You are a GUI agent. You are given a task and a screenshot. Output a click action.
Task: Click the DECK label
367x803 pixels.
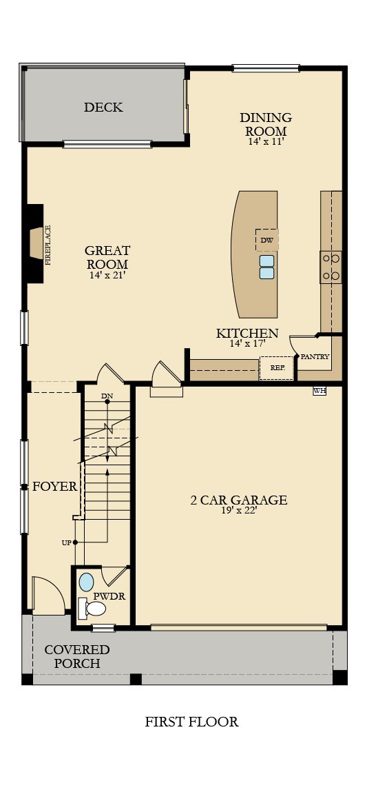(103, 108)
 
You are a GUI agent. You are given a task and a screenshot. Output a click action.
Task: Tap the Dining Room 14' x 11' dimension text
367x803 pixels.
(266, 141)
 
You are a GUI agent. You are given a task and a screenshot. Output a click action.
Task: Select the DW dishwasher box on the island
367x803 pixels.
(266, 241)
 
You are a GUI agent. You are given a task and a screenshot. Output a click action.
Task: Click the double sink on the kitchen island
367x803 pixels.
(266, 267)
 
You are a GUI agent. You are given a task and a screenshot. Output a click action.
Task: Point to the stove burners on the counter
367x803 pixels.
(331, 267)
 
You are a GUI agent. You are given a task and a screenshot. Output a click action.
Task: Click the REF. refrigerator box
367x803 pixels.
(277, 368)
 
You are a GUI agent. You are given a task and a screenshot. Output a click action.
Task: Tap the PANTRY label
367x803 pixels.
(315, 356)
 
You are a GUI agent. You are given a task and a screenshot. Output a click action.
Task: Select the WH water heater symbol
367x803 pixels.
(319, 391)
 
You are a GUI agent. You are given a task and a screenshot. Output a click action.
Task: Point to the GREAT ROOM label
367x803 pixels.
(107, 257)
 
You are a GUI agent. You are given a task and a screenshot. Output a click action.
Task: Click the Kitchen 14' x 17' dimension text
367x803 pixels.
(247, 343)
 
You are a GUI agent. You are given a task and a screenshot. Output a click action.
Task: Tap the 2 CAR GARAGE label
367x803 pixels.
(238, 500)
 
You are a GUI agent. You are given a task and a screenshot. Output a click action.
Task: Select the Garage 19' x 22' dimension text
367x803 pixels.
(238, 511)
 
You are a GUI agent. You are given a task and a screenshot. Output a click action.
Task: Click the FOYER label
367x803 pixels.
(54, 487)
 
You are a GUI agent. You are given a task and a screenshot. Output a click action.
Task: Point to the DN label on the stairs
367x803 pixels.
(107, 396)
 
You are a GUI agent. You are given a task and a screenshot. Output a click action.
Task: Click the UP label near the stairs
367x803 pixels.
(67, 542)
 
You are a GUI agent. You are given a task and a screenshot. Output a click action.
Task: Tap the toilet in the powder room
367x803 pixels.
(92, 607)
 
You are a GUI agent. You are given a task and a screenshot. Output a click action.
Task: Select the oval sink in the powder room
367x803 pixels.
(87, 580)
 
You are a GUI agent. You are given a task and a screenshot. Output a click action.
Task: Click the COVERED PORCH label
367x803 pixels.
(77, 656)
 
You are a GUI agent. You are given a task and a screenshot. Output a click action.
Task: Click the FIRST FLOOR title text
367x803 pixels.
(191, 722)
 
